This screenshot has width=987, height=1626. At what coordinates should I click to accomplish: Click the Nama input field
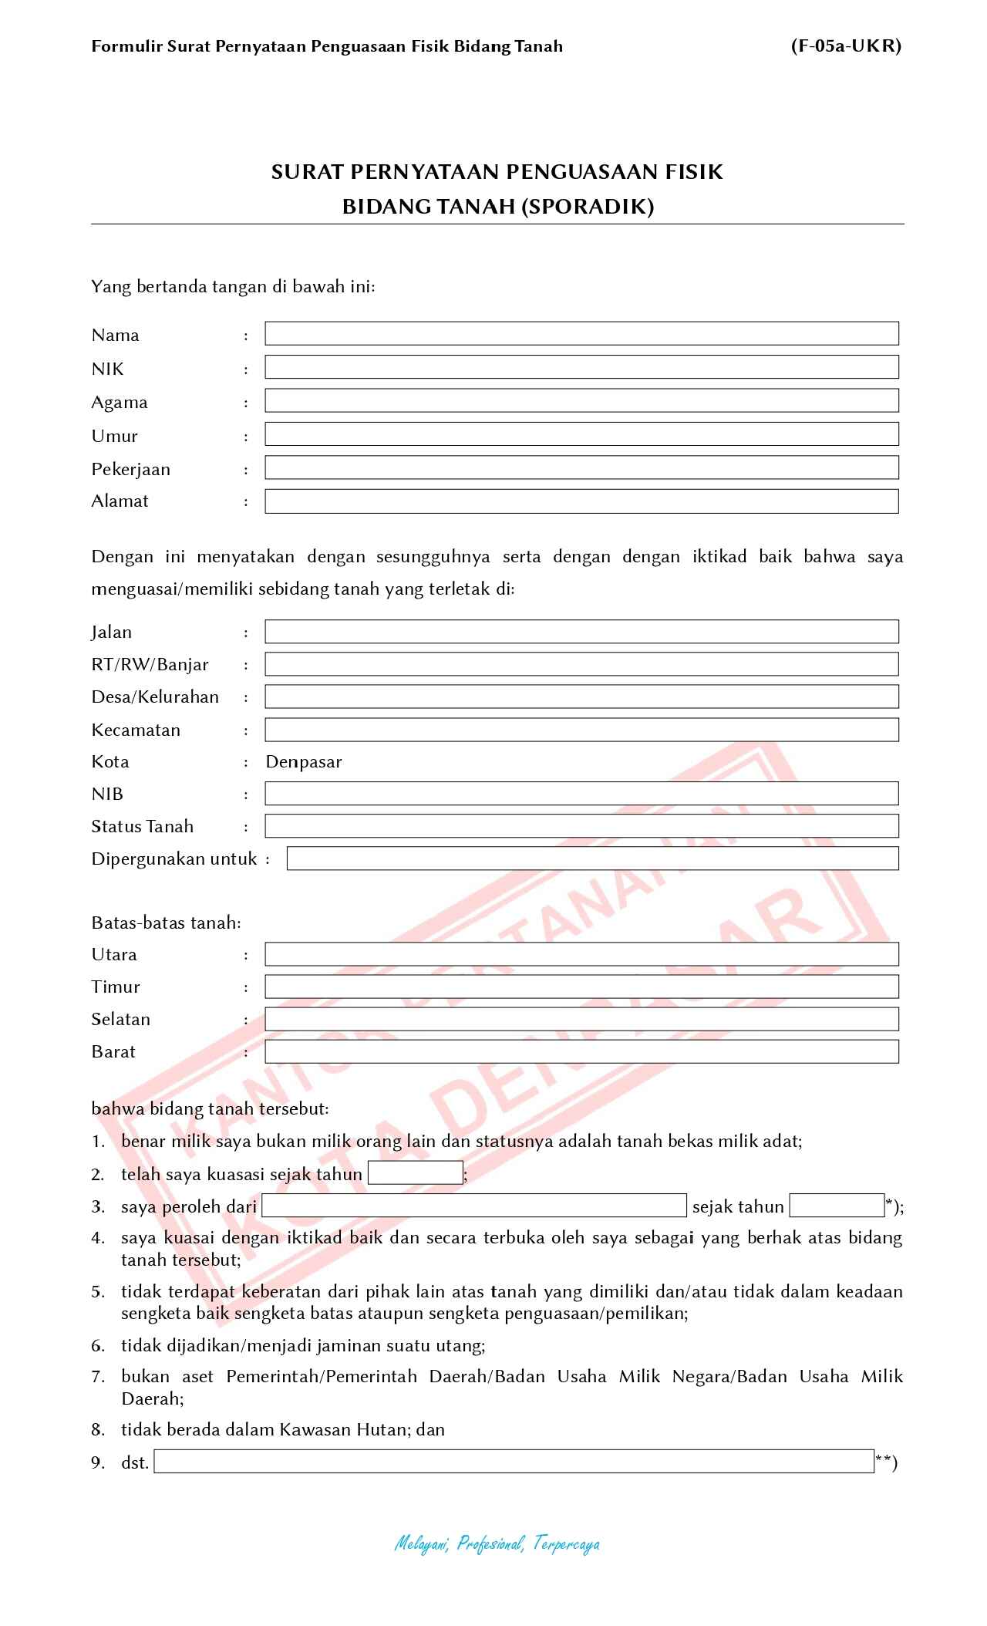pos(581,334)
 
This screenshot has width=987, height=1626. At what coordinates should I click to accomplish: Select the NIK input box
pos(581,367)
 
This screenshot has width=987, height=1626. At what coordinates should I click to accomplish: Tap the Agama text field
pos(581,400)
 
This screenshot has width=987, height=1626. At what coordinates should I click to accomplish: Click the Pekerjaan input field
pos(581,467)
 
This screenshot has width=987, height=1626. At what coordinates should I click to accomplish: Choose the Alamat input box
pos(581,501)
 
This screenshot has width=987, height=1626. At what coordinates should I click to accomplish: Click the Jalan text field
pos(581,632)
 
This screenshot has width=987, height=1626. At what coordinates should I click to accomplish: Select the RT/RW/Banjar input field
pos(581,664)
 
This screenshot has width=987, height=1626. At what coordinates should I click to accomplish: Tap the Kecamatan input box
pos(581,730)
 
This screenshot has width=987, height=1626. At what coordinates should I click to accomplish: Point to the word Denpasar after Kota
pos(304,762)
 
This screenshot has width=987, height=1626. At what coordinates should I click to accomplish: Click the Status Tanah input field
pos(581,826)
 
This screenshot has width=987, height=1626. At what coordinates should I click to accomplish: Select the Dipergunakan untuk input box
pos(592,859)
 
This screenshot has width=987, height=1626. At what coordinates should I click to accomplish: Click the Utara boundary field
pos(581,954)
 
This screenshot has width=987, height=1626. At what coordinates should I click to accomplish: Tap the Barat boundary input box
pos(581,1051)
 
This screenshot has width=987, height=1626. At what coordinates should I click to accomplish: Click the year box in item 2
pos(416,1173)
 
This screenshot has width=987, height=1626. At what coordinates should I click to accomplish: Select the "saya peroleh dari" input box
pos(473,1206)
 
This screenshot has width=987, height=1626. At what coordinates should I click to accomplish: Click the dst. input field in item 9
pos(514,1462)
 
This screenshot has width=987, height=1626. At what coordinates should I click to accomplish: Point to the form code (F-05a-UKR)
pos(846,46)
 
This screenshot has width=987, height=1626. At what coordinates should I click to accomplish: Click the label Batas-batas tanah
pos(166,923)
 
